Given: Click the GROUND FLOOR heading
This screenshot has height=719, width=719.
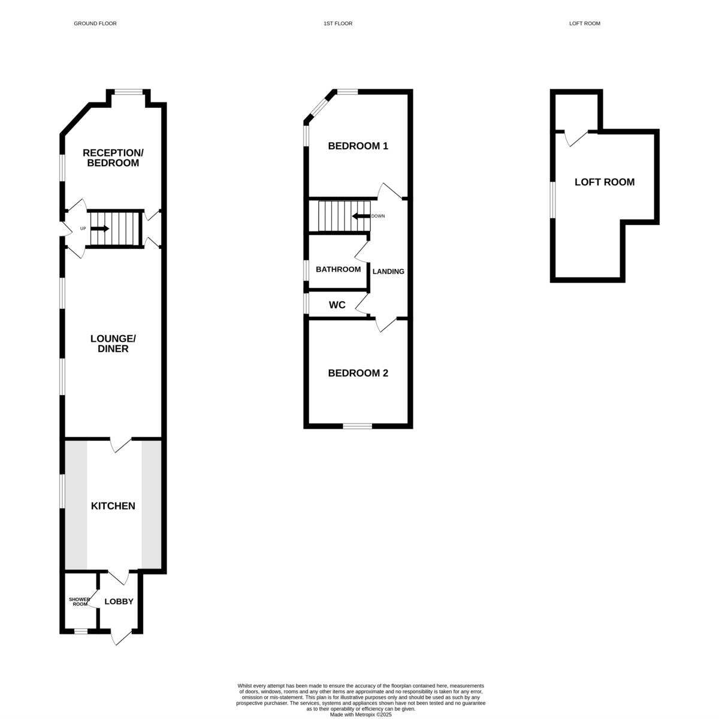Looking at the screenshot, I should click(x=95, y=23).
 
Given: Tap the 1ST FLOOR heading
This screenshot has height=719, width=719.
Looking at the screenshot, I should click(x=338, y=23).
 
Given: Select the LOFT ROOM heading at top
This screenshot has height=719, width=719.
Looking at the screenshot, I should click(x=584, y=23).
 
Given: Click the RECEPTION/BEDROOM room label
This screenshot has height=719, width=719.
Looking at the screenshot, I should click(x=113, y=158).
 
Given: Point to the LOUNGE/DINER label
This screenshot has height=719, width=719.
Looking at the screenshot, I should click(x=113, y=343).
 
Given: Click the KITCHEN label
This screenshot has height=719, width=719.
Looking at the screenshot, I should click(x=113, y=506).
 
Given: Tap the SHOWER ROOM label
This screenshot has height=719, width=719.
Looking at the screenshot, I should click(x=79, y=601).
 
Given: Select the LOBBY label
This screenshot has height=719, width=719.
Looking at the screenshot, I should click(x=119, y=601).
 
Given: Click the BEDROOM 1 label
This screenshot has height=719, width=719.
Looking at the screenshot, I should click(x=358, y=146).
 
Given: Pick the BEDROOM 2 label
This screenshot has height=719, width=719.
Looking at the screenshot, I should click(x=358, y=373).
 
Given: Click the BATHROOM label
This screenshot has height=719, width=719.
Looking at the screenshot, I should click(x=338, y=269).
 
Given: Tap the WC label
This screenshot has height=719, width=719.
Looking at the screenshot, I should click(x=337, y=305).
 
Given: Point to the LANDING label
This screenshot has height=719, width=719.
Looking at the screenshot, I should click(x=388, y=272).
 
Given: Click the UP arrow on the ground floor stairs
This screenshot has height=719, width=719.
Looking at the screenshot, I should click(x=99, y=228).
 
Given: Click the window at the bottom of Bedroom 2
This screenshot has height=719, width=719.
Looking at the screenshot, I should click(x=358, y=426).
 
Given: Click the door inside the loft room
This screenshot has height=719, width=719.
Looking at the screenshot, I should click(x=574, y=138).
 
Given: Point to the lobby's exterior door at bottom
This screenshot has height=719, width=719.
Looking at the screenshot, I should click(x=122, y=637).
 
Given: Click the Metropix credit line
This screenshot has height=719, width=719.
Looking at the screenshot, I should click(x=360, y=714).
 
